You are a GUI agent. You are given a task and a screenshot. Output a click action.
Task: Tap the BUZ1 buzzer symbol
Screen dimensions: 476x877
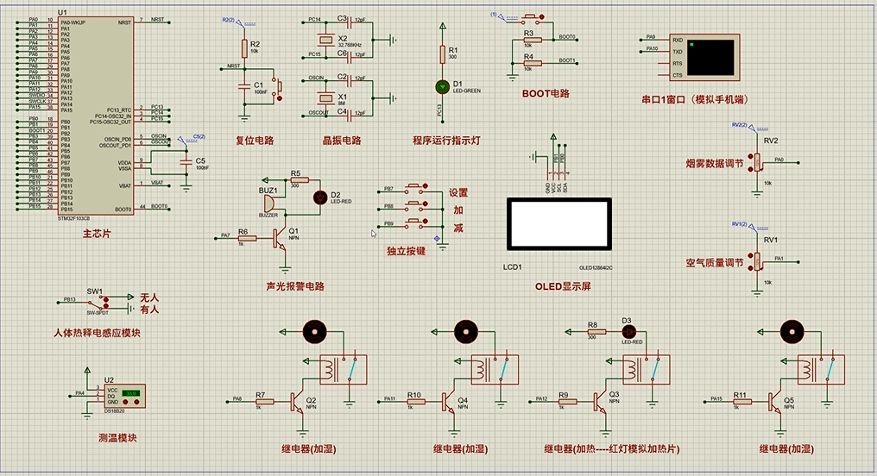(x=267, y=203)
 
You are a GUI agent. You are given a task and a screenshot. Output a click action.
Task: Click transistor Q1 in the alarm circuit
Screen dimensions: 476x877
(x=280, y=235)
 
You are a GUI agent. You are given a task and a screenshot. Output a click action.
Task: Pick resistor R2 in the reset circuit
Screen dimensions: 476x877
(x=244, y=46)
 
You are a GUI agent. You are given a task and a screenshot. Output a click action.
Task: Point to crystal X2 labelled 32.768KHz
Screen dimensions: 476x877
(x=325, y=40)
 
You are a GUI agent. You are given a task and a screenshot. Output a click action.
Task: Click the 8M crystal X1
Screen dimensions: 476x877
(x=325, y=98)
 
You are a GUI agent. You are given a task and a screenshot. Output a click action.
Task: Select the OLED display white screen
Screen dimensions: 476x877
(x=558, y=224)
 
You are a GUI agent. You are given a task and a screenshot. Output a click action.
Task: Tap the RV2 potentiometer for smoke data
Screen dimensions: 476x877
(x=757, y=161)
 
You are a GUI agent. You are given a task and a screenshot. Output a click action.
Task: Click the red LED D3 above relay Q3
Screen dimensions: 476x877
(x=628, y=331)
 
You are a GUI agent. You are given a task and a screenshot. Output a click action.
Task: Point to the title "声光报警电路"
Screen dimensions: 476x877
(x=295, y=286)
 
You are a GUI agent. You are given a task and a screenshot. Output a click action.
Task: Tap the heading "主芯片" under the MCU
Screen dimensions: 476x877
(x=97, y=234)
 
